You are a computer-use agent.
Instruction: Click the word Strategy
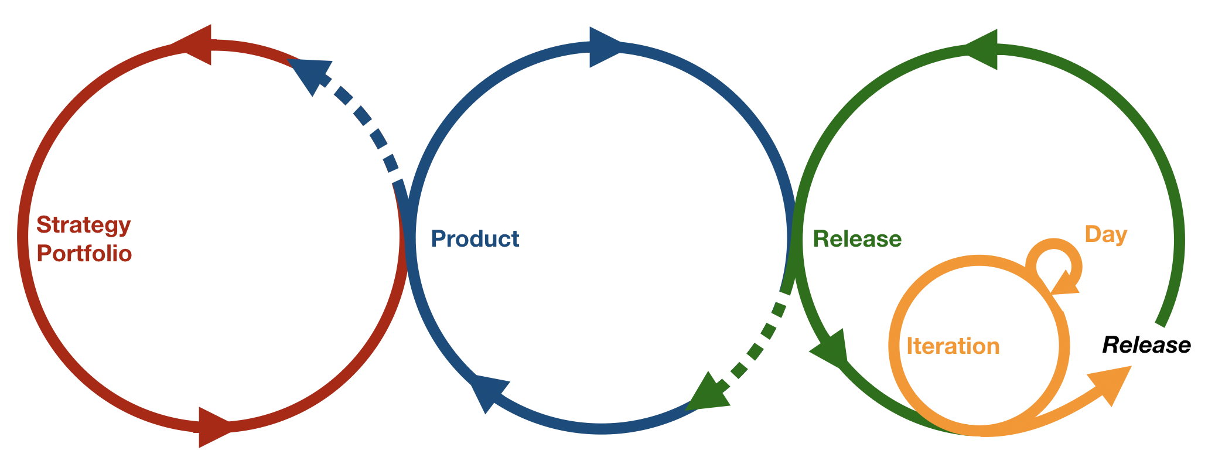pos(84,226)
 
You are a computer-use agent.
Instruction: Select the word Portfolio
pos(84,254)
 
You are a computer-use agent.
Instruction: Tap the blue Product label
pos(475,239)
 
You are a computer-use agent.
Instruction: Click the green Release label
pos(857,239)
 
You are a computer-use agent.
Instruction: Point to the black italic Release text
pos(1146,345)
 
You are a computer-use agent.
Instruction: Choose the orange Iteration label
pos(953,346)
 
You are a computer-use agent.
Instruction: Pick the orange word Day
pos(1106,234)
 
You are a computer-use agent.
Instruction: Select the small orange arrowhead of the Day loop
pos(1065,285)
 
